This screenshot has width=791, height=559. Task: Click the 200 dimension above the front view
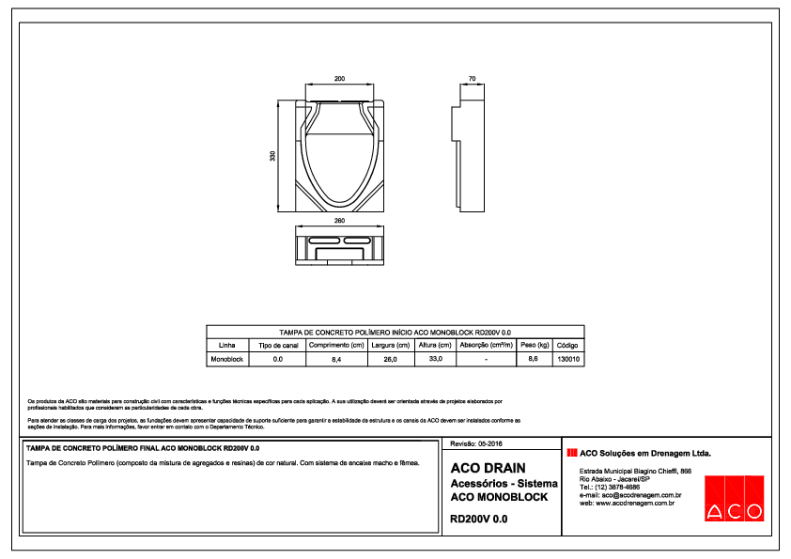pyautogui.click(x=339, y=79)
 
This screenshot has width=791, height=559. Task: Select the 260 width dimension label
pyautogui.click(x=339, y=221)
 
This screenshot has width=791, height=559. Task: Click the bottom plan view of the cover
pyautogui.click(x=339, y=249)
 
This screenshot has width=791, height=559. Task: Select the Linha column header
pyautogui.click(x=226, y=346)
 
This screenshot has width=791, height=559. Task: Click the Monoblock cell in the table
pyautogui.click(x=226, y=360)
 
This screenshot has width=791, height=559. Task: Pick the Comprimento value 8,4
pyautogui.click(x=336, y=360)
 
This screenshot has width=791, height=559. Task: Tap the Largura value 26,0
pyautogui.click(x=390, y=360)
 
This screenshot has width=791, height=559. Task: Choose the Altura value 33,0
pyautogui.click(x=435, y=359)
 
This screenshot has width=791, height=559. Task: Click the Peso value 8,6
pyautogui.click(x=534, y=360)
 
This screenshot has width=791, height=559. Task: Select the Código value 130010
pyautogui.click(x=568, y=360)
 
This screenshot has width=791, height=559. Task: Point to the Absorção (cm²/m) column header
pyautogui.click(x=486, y=346)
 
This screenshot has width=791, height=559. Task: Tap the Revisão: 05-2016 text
pyautogui.click(x=477, y=443)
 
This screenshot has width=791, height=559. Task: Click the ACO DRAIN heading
pyautogui.click(x=489, y=468)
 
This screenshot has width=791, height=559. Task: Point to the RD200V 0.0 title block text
pyautogui.click(x=479, y=519)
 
